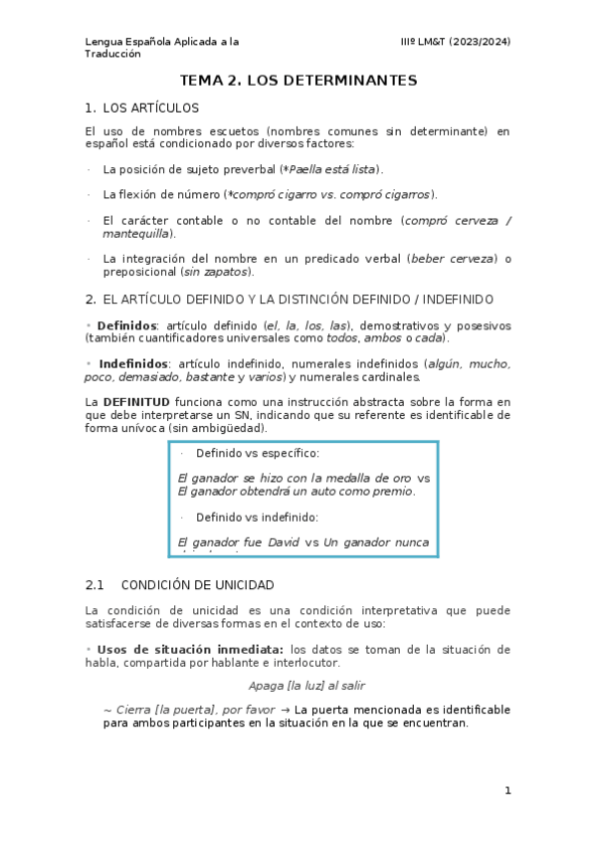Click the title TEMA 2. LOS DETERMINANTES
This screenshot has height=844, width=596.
click(x=298, y=80)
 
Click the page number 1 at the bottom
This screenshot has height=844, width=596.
click(x=507, y=790)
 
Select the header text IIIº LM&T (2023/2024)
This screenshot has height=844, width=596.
click(x=455, y=41)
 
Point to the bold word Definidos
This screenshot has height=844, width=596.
click(x=126, y=325)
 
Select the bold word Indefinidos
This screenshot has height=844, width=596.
click(x=133, y=364)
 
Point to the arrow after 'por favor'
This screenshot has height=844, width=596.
click(x=284, y=710)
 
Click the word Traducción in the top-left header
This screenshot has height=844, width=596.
click(x=113, y=54)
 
